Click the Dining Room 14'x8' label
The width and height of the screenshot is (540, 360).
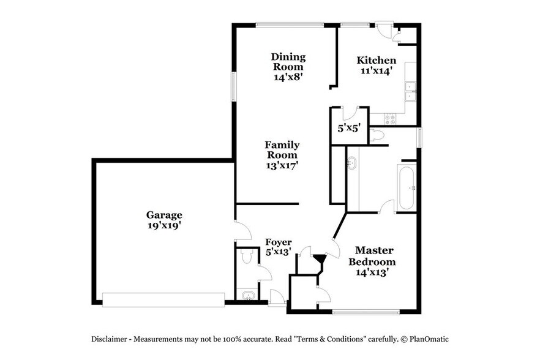(288, 67)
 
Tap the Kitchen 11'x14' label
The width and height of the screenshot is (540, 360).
(377, 66)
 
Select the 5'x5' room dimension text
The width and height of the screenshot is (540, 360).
(349, 129)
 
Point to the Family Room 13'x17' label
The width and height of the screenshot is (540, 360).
(282, 155)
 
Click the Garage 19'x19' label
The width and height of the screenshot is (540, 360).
(163, 220)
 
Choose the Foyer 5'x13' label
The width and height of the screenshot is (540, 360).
(278, 247)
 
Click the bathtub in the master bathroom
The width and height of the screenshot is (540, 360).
(407, 187)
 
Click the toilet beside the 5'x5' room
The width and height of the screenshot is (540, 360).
(377, 135)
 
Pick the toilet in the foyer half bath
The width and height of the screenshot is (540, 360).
(247, 258)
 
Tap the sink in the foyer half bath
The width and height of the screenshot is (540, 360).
(247, 296)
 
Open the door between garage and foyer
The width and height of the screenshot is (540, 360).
(242, 231)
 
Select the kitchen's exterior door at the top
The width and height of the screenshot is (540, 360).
(384, 29)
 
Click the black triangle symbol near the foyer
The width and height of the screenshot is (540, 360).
(318, 259)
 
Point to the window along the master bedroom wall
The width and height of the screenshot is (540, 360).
(366, 312)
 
